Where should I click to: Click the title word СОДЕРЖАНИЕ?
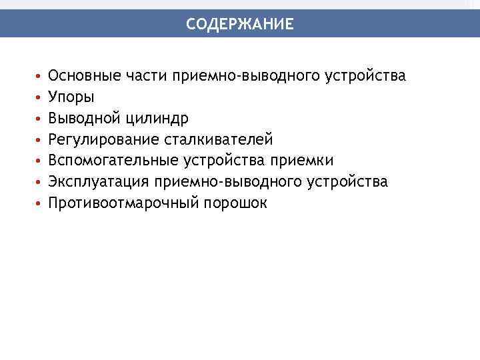239,25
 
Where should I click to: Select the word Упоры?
71,97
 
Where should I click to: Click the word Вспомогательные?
110,161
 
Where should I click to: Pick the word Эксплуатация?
98,182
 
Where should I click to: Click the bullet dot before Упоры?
39,97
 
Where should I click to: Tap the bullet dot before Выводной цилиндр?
39,119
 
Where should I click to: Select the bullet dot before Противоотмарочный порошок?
39,203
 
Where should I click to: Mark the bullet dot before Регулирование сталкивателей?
39,140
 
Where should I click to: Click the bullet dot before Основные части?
39,76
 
